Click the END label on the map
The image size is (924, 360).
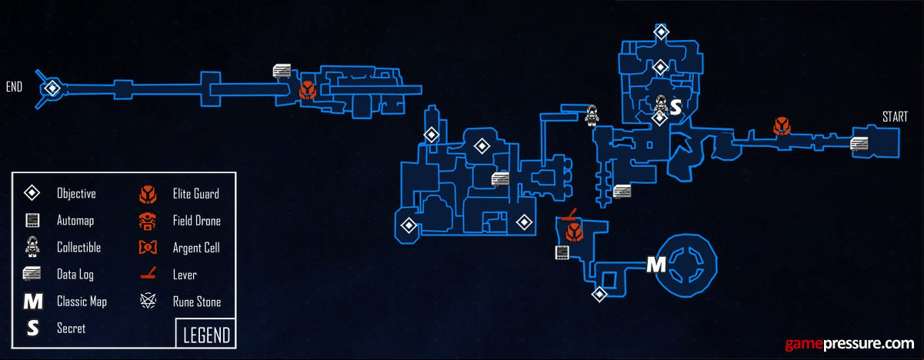click(x=14, y=87)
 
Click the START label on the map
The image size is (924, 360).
click(x=895, y=117)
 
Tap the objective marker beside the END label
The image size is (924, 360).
click(x=52, y=88)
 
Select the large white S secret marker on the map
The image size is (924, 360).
click(x=675, y=108)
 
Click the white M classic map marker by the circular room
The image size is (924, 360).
click(x=655, y=265)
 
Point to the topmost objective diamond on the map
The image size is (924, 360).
click(x=661, y=32)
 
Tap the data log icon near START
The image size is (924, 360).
click(x=859, y=144)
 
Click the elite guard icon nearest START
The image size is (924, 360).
click(x=782, y=127)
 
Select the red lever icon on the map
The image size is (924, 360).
click(x=569, y=215)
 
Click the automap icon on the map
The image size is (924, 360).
click(x=562, y=252)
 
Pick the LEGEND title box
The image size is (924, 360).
click(x=206, y=333)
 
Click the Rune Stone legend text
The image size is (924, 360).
click(x=197, y=302)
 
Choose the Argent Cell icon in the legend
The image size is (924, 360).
click(x=148, y=248)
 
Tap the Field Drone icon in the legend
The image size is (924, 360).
click(x=147, y=221)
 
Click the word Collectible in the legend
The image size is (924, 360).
click(x=78, y=248)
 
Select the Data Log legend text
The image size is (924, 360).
click(x=75, y=275)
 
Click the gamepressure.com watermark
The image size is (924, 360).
click(x=849, y=344)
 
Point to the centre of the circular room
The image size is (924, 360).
click(x=686, y=265)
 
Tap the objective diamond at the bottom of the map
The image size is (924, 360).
click(x=599, y=295)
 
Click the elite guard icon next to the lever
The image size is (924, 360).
click(x=574, y=232)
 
